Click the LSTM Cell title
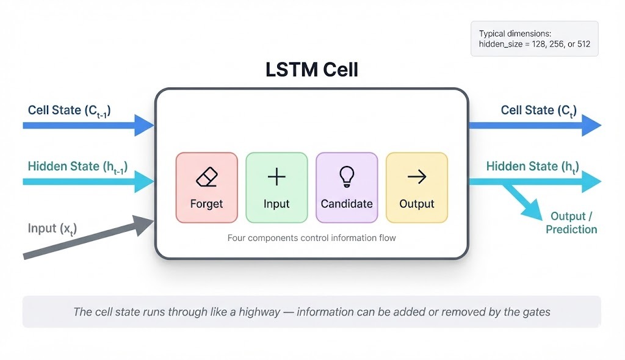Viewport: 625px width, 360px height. [x=312, y=70]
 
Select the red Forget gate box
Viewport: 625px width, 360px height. [x=206, y=187]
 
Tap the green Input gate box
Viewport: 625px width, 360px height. [x=276, y=187]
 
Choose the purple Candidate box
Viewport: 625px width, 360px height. [x=347, y=187]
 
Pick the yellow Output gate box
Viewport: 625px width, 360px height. [x=417, y=187]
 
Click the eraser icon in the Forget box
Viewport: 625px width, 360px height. [x=206, y=178]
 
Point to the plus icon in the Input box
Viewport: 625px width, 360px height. [x=276, y=177]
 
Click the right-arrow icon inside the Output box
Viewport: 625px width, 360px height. [x=417, y=177]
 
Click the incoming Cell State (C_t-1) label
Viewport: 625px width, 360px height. [x=69, y=110]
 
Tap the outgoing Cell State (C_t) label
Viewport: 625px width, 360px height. [x=539, y=110]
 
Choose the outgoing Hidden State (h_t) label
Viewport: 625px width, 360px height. [x=533, y=167]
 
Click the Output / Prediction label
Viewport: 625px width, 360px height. [x=571, y=223]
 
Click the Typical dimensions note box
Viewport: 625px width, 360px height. [x=535, y=39]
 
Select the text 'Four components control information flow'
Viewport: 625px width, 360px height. [x=311, y=238]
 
